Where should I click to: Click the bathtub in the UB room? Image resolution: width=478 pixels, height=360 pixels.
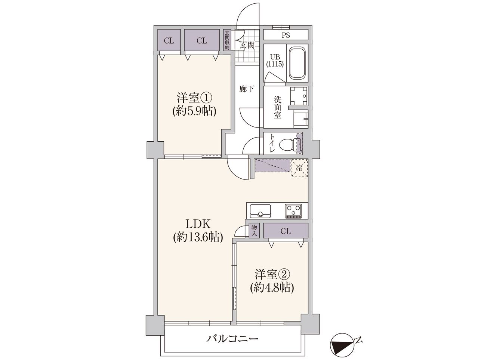(297, 63)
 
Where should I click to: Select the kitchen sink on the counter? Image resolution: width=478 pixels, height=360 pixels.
(260, 211)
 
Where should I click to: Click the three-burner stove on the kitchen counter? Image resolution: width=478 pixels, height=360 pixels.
(293, 211)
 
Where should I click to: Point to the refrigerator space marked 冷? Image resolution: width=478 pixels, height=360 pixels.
(299, 168)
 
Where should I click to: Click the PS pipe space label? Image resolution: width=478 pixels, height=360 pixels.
(286, 35)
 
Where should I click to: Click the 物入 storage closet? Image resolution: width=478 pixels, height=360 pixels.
(254, 230)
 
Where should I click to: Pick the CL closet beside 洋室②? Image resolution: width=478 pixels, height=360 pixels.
(286, 230)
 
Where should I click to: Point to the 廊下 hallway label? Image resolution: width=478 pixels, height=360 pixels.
(247, 89)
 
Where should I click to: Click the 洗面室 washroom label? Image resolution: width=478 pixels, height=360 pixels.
(277, 107)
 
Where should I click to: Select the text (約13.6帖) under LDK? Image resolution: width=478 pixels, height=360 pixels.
(198, 237)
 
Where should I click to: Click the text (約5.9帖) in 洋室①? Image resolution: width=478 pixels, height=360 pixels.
(194, 111)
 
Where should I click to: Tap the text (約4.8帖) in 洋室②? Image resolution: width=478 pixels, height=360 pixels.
(272, 288)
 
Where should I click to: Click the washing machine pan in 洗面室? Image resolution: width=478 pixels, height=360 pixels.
(298, 96)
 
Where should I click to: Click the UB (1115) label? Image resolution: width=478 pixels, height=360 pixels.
(275, 61)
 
